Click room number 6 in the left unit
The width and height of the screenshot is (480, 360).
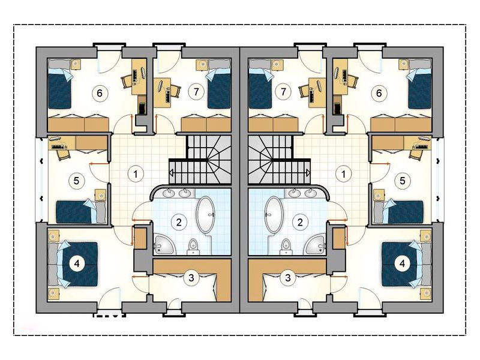(x=100, y=93)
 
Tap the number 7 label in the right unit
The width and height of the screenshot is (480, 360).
(x=283, y=92)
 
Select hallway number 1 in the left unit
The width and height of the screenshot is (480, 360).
(x=136, y=174)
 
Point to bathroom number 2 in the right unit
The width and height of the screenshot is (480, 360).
(x=300, y=222)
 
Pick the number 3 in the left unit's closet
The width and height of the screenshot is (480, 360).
(x=191, y=278)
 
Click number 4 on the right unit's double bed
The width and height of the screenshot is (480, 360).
(x=402, y=263)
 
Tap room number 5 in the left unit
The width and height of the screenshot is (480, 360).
(x=76, y=181)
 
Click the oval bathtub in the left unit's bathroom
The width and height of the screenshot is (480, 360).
(x=205, y=215)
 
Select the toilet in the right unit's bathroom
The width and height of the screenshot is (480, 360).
(x=286, y=247)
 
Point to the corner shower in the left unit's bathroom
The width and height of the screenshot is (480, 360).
(x=164, y=245)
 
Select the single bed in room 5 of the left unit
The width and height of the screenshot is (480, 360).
(x=81, y=212)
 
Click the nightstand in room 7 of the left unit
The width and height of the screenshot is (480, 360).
(x=202, y=64)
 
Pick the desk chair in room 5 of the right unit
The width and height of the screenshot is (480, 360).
(x=415, y=154)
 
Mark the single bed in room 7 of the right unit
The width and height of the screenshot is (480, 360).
(x=260, y=84)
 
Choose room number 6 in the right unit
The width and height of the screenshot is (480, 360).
(x=379, y=93)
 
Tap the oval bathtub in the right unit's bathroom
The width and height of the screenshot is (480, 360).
(x=274, y=215)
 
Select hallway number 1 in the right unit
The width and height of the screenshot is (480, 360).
(x=343, y=174)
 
